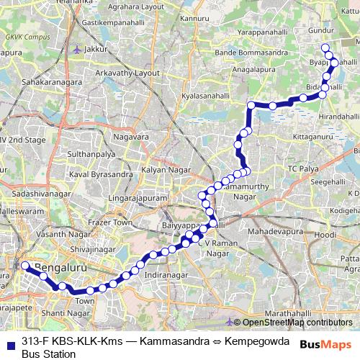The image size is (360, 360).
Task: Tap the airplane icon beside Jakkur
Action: tap(77, 49)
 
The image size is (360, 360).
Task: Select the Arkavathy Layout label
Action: tap(127, 73)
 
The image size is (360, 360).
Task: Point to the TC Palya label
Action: tap(302, 168)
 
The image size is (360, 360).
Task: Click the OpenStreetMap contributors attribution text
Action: tap(296, 323)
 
